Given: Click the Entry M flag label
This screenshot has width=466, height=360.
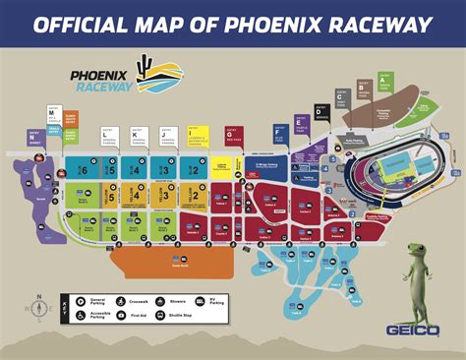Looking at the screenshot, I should click(x=51, y=115).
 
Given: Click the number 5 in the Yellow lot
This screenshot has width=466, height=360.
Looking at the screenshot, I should click(x=111, y=195).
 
